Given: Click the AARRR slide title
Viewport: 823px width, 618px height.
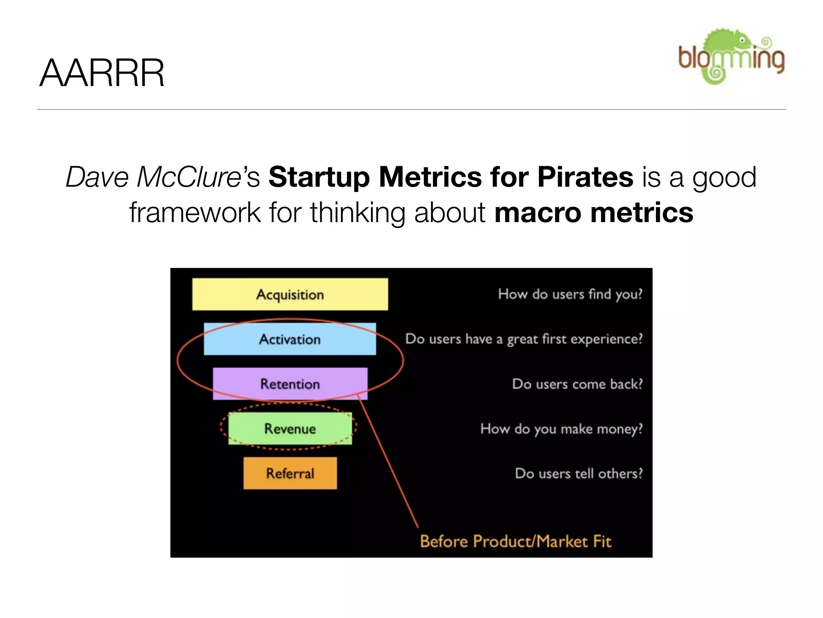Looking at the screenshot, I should [102, 73].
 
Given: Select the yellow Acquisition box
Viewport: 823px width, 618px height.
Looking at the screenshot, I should [290, 294].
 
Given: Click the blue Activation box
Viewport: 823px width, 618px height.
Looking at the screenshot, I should [290, 339].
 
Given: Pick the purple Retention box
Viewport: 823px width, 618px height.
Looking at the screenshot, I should [290, 384].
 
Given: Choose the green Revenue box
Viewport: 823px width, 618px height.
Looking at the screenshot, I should [290, 428].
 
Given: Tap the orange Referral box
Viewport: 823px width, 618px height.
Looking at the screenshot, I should [290, 473].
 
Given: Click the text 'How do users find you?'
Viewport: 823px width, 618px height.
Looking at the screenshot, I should [570, 294].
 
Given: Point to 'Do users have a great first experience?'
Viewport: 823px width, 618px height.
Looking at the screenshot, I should [524, 339].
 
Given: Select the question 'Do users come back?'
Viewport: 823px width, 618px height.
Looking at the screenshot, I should [577, 384].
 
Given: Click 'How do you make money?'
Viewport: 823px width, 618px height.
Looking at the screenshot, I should [561, 429].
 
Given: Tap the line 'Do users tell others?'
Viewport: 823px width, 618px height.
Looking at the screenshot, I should [579, 474].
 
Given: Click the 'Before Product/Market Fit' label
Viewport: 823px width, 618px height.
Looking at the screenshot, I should [516, 542].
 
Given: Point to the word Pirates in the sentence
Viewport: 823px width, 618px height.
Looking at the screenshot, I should [585, 177].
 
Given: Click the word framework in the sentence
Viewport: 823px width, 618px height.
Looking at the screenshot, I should [195, 212].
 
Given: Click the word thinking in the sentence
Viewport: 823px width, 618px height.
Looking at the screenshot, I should [357, 212].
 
